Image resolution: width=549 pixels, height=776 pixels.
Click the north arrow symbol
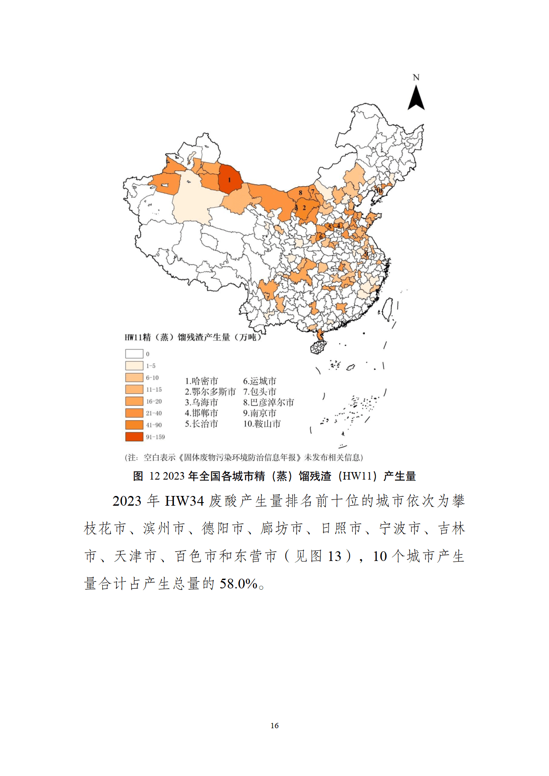(x=416, y=98)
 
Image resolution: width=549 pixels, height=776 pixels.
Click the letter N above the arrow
(x=416, y=77)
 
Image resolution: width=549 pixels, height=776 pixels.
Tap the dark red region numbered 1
(x=230, y=179)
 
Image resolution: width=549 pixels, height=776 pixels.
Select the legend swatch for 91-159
(x=134, y=437)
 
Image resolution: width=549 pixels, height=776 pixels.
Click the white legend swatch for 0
(x=134, y=354)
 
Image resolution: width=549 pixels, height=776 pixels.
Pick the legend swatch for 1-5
(x=134, y=366)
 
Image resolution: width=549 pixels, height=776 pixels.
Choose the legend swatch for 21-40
(x=134, y=413)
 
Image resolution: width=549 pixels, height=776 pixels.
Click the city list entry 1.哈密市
(x=201, y=381)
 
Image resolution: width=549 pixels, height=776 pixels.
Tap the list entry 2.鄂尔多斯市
(x=210, y=392)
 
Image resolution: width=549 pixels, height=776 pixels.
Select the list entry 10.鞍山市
(x=262, y=424)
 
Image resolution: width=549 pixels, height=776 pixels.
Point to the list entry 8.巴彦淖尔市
(x=268, y=403)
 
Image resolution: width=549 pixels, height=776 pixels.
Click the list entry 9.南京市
(x=259, y=413)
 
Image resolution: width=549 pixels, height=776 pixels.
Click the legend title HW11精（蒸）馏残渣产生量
(x=193, y=337)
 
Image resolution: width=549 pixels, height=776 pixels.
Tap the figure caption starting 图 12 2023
(x=274, y=476)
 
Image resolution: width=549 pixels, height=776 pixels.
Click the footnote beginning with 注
(x=244, y=457)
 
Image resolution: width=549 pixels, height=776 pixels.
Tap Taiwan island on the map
(x=387, y=309)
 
